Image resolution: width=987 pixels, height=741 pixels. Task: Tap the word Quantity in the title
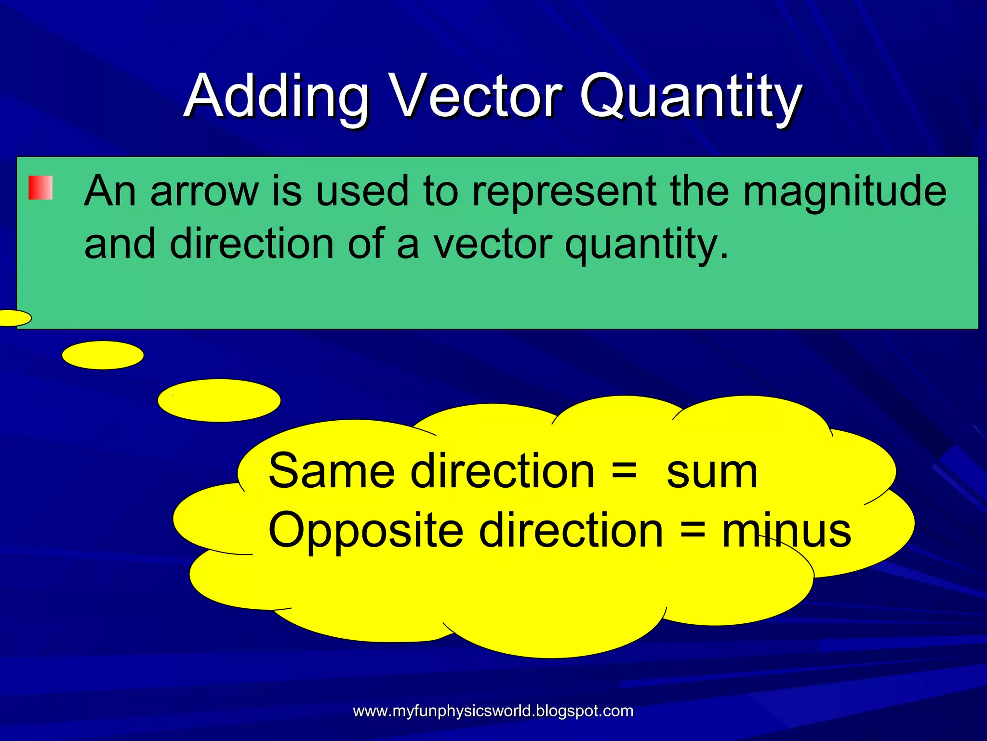click(690, 96)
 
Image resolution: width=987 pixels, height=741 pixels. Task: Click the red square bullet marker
click(40, 188)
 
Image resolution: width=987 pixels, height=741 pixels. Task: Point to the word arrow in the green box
click(204, 192)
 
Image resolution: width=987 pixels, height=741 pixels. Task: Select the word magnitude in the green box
click(844, 192)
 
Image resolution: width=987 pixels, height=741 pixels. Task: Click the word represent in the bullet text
click(564, 192)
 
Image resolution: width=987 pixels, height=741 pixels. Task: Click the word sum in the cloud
click(712, 472)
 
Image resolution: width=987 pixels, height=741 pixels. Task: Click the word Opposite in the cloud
click(365, 531)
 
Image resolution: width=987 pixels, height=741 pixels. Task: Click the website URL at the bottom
click(493, 711)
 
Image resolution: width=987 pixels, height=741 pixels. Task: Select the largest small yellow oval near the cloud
click(219, 400)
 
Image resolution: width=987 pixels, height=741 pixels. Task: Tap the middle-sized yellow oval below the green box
click(103, 355)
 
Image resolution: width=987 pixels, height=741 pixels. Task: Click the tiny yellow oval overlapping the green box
click(13, 318)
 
